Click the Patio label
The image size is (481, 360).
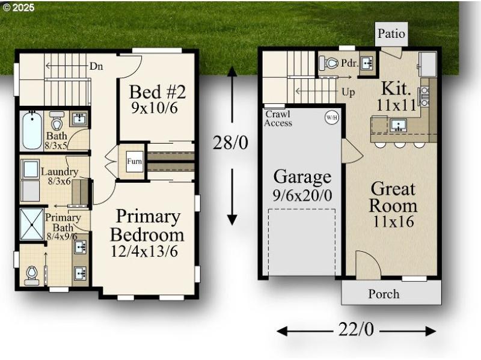[x=391, y=34]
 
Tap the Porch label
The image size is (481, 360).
[x=384, y=293]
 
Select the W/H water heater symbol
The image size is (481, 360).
[x=332, y=117]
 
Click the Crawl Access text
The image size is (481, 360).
[x=278, y=118]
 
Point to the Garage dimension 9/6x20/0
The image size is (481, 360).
[x=302, y=195]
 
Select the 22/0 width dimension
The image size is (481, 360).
[x=356, y=330]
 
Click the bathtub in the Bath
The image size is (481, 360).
[x=29, y=130]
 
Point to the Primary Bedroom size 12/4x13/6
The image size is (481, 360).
[x=144, y=251]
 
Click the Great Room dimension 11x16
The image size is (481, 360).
[x=393, y=221]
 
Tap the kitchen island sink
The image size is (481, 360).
[x=397, y=125]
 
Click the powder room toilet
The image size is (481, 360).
[x=330, y=63]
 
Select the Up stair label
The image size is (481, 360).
[x=348, y=94]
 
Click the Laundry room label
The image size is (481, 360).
[x=55, y=172]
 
